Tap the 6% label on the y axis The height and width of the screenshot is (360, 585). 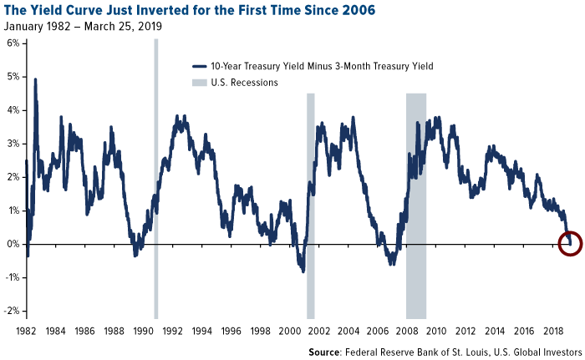(13, 43)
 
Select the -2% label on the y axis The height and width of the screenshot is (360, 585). (11, 311)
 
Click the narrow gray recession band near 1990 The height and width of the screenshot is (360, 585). (156, 167)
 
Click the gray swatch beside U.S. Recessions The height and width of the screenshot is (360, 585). (200, 83)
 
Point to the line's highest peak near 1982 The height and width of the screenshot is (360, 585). (35, 79)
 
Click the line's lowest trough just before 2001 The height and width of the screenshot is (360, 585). (302, 271)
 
